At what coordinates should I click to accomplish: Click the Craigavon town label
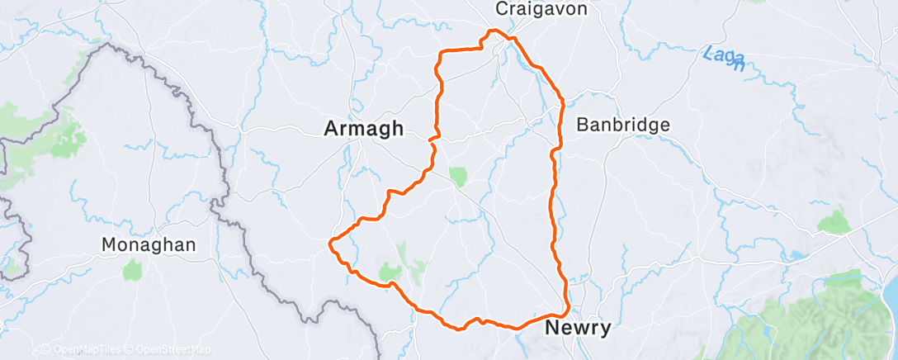541,8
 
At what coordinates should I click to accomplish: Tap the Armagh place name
364,129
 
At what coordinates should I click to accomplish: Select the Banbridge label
623,126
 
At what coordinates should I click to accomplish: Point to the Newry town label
579,329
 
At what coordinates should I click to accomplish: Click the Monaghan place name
149,245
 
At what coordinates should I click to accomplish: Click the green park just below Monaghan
133,269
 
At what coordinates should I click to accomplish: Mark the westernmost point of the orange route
331,243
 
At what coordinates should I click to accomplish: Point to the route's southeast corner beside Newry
566,311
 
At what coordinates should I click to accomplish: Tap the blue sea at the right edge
892,289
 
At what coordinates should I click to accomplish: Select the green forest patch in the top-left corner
62,132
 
